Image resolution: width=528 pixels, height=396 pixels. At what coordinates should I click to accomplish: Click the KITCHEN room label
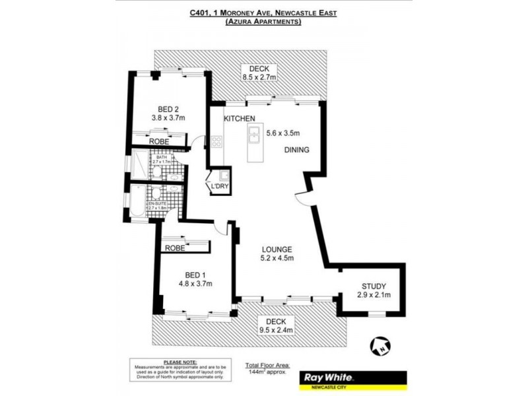coord(239,118)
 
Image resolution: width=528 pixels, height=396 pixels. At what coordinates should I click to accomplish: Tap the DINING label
coord(296,150)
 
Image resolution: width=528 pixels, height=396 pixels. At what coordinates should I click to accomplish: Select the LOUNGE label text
coord(276,249)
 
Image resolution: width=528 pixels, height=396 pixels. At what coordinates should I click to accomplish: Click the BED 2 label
coord(168,109)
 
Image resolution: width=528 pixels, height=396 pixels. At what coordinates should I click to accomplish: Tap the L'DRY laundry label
coord(219,187)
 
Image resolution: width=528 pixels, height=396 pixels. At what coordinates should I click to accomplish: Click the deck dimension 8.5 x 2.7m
coord(258,77)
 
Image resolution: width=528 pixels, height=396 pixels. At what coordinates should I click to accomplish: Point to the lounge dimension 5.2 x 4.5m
coord(276,258)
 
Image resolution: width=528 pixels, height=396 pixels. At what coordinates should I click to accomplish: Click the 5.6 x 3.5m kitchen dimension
coord(282,132)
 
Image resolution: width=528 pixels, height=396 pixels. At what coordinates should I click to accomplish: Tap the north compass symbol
coord(380,345)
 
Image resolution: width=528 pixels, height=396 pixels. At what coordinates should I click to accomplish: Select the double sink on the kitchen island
coord(254,135)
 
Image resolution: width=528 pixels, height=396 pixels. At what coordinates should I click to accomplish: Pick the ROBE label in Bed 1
coord(175,248)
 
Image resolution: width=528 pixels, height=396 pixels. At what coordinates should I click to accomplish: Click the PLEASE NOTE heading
coord(180,362)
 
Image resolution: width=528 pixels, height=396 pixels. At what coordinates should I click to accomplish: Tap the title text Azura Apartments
coord(263,22)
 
